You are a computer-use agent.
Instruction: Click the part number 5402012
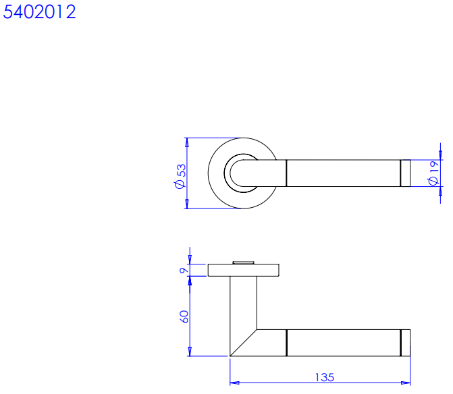tap(39, 12)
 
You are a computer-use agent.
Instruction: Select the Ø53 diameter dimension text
tap(180, 176)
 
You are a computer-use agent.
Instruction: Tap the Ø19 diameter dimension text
tap(433, 173)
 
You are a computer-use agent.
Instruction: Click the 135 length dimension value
tap(325, 377)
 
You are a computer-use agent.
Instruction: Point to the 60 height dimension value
tap(184, 316)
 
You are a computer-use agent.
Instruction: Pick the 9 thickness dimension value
tap(184, 271)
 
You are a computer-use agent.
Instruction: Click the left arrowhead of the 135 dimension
tap(234, 383)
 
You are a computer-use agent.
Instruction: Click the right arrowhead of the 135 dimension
tap(406, 383)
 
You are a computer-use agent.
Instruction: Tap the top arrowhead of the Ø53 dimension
tap(187, 142)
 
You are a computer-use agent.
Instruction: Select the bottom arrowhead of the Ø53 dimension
tap(187, 204)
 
